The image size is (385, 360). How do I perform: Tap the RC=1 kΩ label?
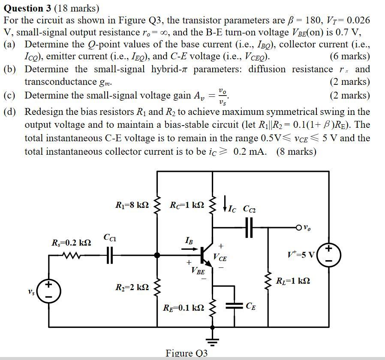pyautogui.click(x=187, y=205)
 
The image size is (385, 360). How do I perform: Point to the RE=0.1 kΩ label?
pyautogui.click(x=183, y=308)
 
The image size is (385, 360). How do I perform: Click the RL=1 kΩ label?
pyautogui.click(x=293, y=281)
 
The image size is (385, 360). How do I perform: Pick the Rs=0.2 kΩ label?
pyautogui.click(x=71, y=243)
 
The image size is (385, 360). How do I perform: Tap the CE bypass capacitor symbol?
pyautogui.click(x=235, y=306)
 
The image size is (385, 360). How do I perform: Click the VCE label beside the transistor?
pyautogui.click(x=220, y=258)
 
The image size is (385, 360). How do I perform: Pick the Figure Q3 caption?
pyautogui.click(x=186, y=353)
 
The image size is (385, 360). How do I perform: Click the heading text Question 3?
pyautogui.click(x=30, y=8)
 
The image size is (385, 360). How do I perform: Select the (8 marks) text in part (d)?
pyautogui.click(x=296, y=151)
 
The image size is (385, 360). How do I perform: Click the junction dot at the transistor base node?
pyautogui.click(x=157, y=255)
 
